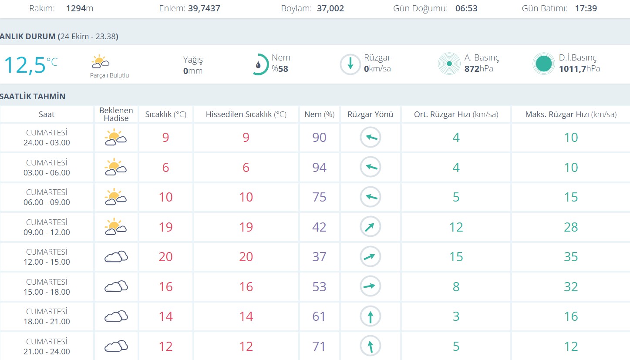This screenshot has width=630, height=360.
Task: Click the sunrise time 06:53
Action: (x=466, y=8)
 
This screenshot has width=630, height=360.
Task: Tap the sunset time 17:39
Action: (x=586, y=8)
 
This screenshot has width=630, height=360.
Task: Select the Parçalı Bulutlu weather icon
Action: (x=100, y=62)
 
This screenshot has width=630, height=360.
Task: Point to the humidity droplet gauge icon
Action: (x=260, y=64)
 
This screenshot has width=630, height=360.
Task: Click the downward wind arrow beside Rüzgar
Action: (x=350, y=64)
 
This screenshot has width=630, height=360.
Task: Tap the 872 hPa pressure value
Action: (x=478, y=68)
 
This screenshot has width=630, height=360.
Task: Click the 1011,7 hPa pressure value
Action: (x=579, y=68)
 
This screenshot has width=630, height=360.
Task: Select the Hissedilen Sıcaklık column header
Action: (x=246, y=114)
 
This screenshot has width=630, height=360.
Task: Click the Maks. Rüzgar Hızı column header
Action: (x=571, y=114)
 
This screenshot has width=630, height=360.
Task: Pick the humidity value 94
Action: (x=319, y=168)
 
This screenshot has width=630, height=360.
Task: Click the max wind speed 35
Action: (x=571, y=257)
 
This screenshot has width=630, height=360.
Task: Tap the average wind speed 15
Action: (x=456, y=257)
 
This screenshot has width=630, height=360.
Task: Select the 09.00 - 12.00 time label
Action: (x=47, y=232)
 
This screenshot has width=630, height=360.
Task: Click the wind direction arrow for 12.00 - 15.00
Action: (x=370, y=257)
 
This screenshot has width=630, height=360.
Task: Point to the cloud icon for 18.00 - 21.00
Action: (x=116, y=316)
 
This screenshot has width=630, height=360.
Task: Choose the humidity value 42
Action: (x=319, y=227)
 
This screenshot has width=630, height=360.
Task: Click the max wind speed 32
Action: (x=571, y=287)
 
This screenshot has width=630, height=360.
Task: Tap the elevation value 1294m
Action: (x=80, y=8)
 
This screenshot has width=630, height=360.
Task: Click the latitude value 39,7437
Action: (x=204, y=8)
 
